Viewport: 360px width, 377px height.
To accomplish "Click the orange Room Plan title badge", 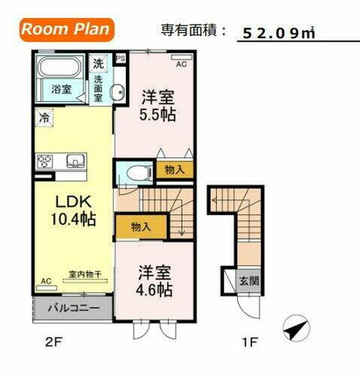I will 65,30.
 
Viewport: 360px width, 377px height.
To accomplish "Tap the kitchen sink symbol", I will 75,161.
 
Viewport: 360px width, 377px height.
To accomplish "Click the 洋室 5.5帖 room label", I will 158,106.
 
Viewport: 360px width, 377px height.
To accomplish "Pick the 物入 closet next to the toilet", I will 174,170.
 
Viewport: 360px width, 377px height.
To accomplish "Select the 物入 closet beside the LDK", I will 140,226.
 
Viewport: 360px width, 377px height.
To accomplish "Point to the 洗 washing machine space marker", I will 98,64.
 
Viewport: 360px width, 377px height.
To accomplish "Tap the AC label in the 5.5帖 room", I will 181,65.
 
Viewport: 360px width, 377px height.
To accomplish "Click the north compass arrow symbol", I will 291,329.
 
